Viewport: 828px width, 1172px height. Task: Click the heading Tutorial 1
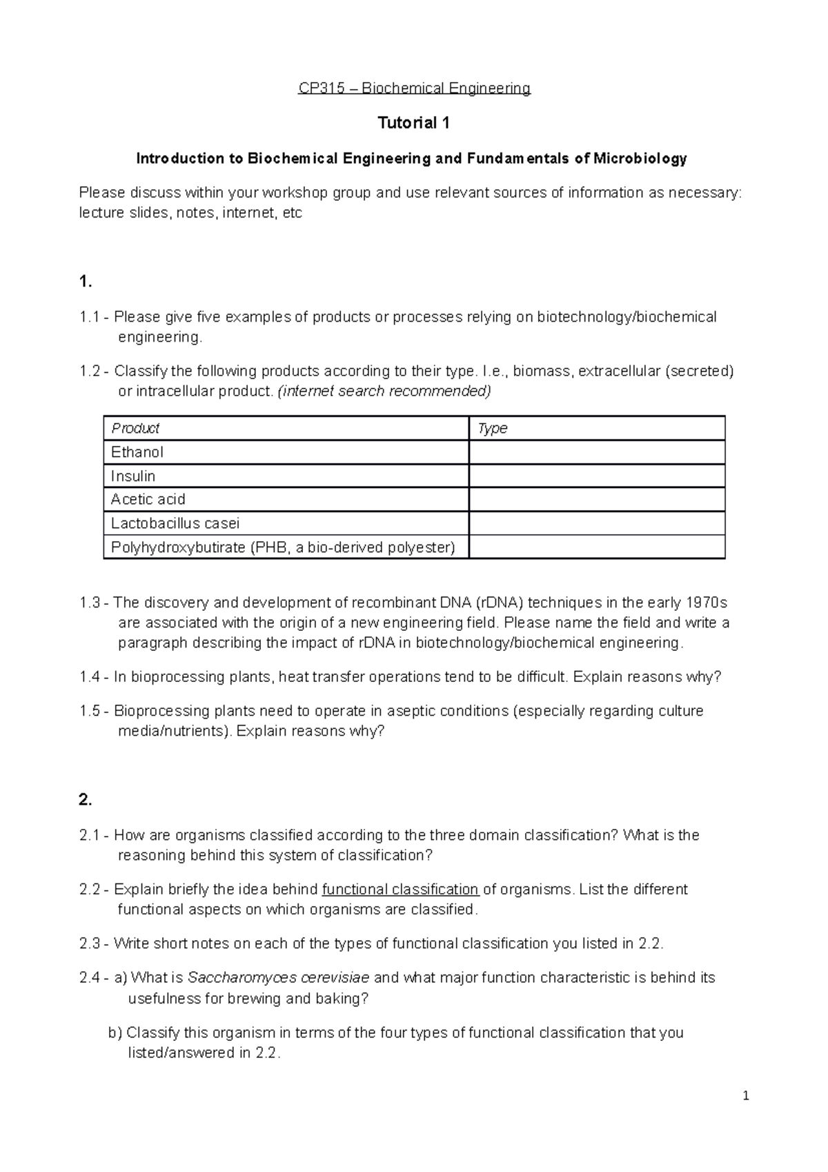pos(413,124)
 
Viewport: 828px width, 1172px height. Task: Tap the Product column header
pos(135,429)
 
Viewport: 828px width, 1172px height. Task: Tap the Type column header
pos(493,429)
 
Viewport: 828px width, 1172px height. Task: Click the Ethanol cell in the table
pos(137,452)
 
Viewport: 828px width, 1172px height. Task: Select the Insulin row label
pos(133,476)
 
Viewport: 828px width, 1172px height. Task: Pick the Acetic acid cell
pos(148,499)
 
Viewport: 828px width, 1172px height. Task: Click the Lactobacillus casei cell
pos(175,523)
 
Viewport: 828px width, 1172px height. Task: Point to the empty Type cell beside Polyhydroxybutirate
pos(597,547)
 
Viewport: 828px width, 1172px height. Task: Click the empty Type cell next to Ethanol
pos(597,452)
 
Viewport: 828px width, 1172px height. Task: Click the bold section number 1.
pos(86,282)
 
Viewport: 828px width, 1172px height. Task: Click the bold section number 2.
pos(86,800)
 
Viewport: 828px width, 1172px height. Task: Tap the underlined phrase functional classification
pos(400,889)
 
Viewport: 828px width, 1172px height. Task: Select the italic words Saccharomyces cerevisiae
pos(278,977)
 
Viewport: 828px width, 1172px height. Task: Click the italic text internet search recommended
pos(384,391)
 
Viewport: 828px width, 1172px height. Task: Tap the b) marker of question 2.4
pos(115,1033)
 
